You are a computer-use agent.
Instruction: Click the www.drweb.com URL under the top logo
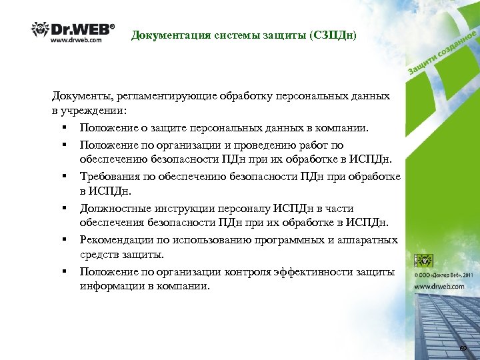(77, 40)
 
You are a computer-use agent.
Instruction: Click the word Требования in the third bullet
(109, 176)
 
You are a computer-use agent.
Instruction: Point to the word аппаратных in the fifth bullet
(369, 239)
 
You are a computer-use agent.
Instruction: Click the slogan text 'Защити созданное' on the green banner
(440, 54)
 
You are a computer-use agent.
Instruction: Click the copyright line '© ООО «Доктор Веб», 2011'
(445, 275)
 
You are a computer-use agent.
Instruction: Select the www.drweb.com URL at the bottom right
(439, 286)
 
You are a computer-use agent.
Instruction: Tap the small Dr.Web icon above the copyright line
(423, 261)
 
